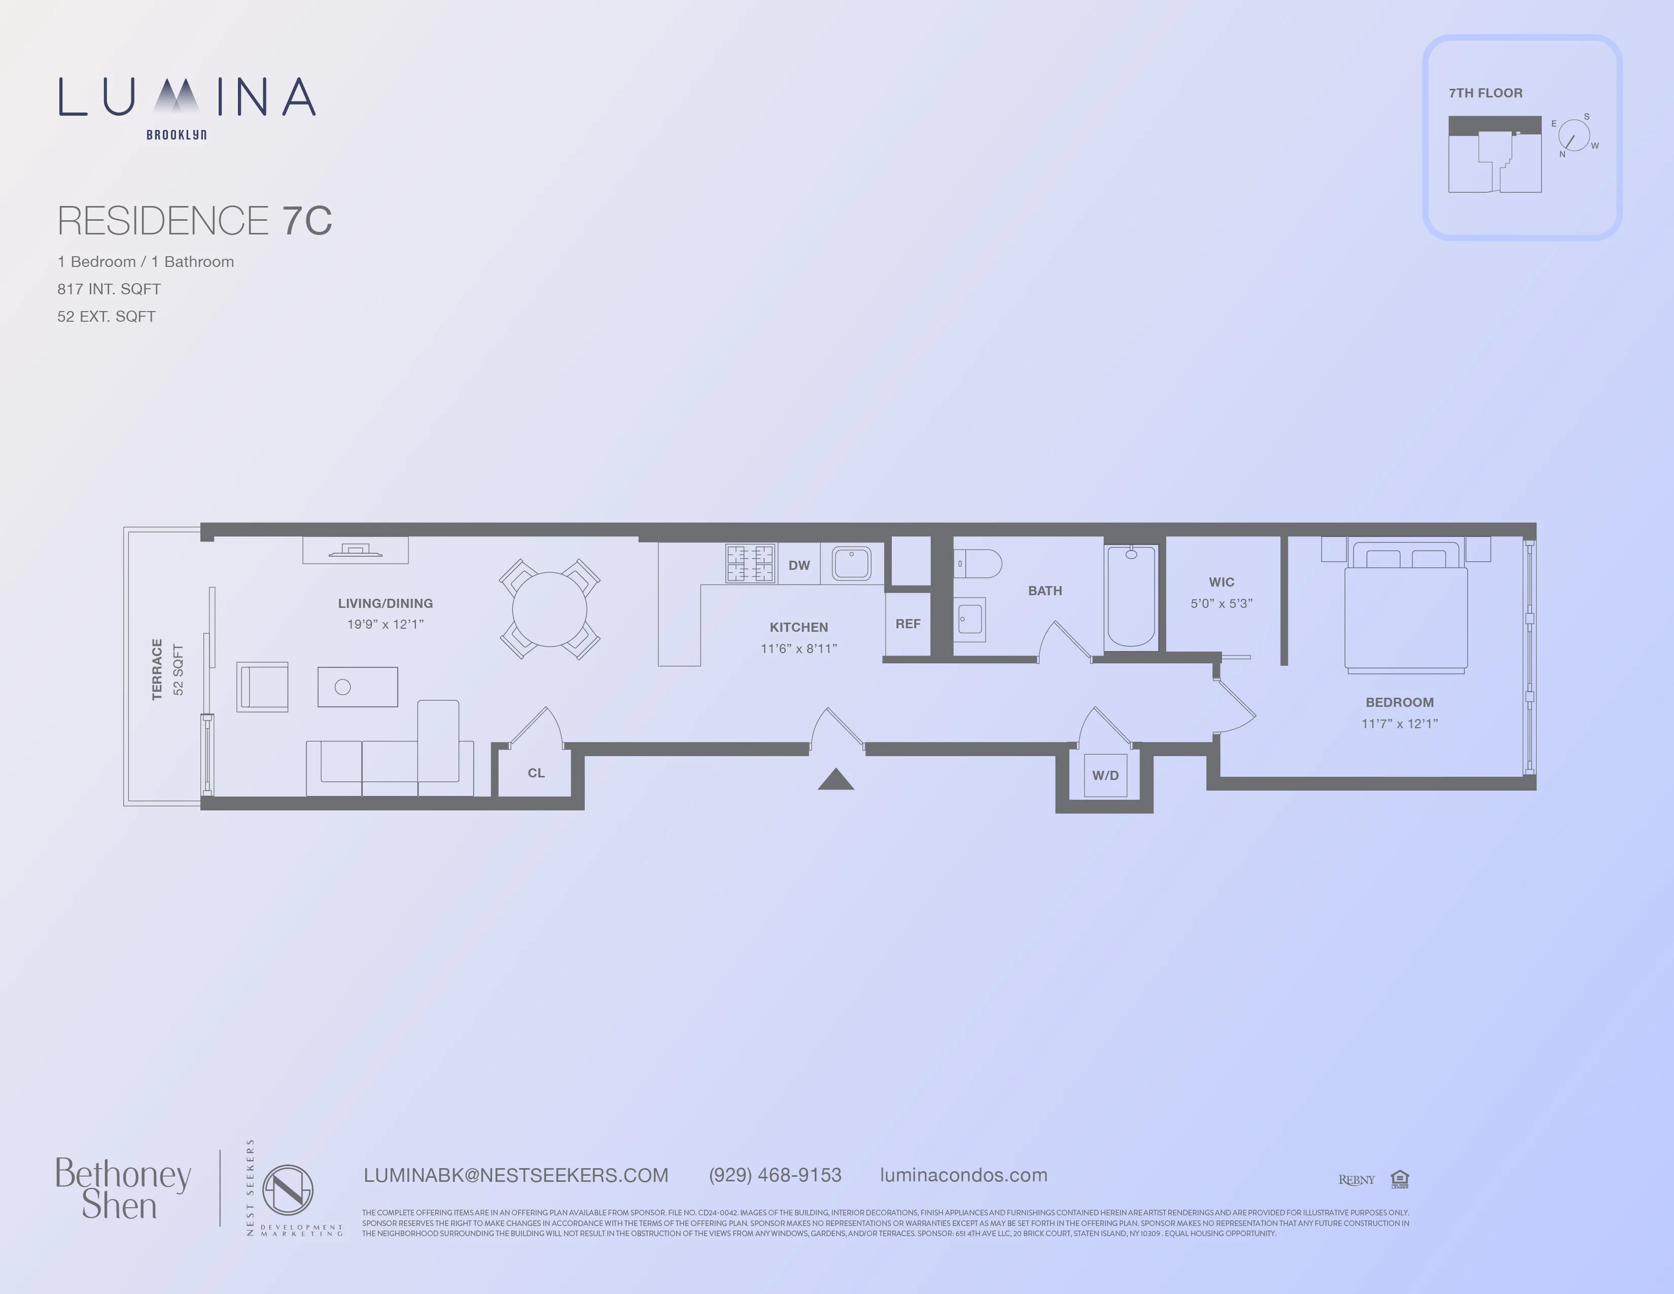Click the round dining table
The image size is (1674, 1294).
point(549,609)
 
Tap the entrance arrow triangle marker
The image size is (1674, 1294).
point(835,780)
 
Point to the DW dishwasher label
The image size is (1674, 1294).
point(798,565)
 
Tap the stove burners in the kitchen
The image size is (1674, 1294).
point(750,563)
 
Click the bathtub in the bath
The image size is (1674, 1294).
point(1131,596)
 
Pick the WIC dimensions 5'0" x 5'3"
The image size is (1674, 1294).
point(1221,603)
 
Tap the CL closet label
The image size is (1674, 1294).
point(536,773)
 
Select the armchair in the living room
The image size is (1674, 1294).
point(262,687)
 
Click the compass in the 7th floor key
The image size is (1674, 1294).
point(1574,135)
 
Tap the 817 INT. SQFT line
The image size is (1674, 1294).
point(109,289)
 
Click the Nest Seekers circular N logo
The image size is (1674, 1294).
point(288,1190)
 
